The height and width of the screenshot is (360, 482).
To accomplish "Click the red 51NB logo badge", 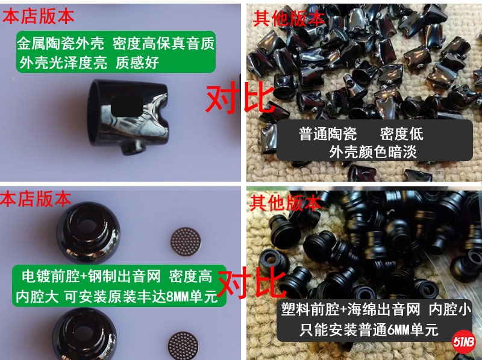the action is tap(463, 341).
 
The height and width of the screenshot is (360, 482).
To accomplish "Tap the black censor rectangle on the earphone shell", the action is tap(127, 107).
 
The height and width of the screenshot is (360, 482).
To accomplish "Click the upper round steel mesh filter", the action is tap(186, 242).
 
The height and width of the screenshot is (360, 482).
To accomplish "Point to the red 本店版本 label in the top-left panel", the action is tap(39, 16).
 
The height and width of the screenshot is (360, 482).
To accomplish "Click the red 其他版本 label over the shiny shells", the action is tap(289, 19).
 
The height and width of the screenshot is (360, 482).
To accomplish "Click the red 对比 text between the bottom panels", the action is tap(251, 282).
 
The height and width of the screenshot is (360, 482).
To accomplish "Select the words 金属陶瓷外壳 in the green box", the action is tap(61, 43).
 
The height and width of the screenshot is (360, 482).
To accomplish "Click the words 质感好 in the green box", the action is tap(137, 63).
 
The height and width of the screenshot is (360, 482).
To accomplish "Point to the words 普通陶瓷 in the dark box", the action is tap(328, 134).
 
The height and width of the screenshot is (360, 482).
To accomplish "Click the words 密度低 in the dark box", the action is tap(401, 134).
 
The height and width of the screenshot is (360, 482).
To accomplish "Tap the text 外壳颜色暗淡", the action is tap(373, 152).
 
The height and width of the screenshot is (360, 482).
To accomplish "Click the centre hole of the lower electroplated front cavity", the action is tap(84, 332).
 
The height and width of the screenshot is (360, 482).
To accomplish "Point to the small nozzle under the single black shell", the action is tap(133, 148).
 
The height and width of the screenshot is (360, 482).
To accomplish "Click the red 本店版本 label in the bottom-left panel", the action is tap(36, 199).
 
